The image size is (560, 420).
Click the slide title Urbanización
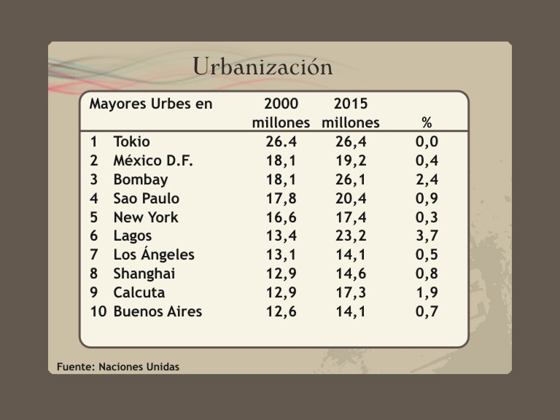coord(262,66)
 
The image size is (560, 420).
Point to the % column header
coord(427,122)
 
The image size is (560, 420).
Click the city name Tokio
coord(131,141)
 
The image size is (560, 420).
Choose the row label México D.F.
coord(153,160)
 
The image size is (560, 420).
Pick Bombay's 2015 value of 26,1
coord(351,179)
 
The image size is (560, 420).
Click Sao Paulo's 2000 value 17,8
coord(281,198)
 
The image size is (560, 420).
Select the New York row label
coord(146,217)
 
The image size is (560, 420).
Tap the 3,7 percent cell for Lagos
coord(427,236)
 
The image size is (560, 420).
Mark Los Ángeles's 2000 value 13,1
coord(281,255)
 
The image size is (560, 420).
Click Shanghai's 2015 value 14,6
coord(351,274)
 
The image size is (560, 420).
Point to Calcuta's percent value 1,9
coord(427,293)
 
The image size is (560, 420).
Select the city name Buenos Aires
coord(157,312)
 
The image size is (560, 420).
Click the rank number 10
coord(98,312)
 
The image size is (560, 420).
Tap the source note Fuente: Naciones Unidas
coord(118,367)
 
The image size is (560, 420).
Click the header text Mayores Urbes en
coord(151,104)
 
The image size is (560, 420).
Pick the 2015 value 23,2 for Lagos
coord(351,236)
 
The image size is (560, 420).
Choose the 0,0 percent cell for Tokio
coord(427,141)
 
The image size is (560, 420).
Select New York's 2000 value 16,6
coord(281,217)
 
